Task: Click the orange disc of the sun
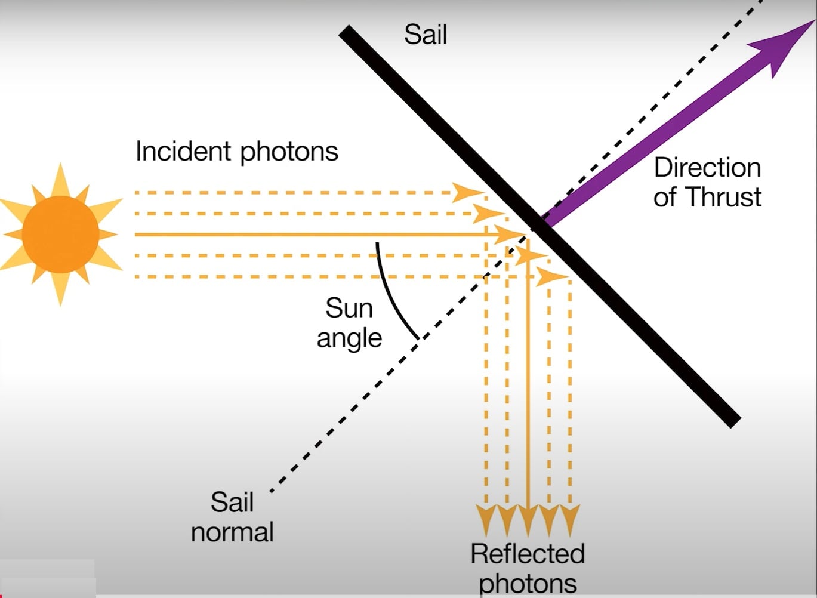click(60, 234)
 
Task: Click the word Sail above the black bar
click(425, 35)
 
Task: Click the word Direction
click(707, 168)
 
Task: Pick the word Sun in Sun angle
click(349, 309)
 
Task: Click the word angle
click(349, 339)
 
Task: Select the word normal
click(232, 532)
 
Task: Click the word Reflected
click(527, 554)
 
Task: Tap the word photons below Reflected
click(528, 584)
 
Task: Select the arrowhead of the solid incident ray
click(510, 235)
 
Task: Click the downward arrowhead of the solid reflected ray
click(528, 520)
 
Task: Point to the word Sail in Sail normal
click(232, 503)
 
